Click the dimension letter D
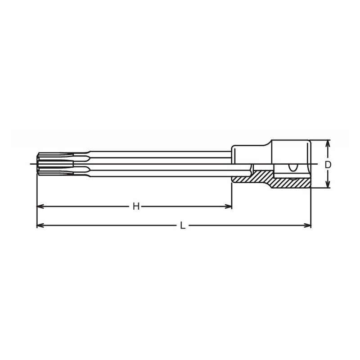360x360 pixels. pos(328,165)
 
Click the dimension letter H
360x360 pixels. pos(136,207)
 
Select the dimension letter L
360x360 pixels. pos(182,225)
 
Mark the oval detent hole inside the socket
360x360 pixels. pos(292,168)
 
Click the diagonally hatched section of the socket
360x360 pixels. pos(270,180)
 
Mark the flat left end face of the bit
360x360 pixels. pos(37,164)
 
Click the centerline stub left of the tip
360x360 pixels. pos(33,164)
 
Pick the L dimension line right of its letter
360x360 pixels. pos(247,225)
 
